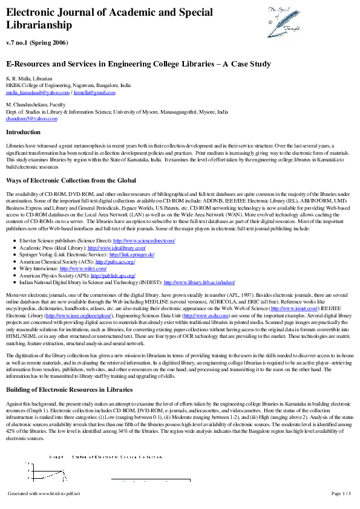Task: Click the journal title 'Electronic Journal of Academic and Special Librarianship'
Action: click(x=109, y=19)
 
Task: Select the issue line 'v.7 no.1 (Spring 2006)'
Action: click(x=37, y=42)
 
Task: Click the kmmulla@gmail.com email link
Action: click(x=94, y=92)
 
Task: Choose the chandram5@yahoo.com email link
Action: click(x=31, y=118)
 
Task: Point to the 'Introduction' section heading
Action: click(x=23, y=132)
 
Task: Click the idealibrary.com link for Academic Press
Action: click(x=117, y=248)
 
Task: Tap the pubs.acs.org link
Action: click(x=113, y=262)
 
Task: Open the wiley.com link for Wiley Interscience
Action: click(x=91, y=268)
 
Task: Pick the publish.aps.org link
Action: click(x=113, y=276)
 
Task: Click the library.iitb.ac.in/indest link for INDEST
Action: click(x=199, y=282)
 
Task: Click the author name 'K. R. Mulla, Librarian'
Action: click(x=29, y=79)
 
